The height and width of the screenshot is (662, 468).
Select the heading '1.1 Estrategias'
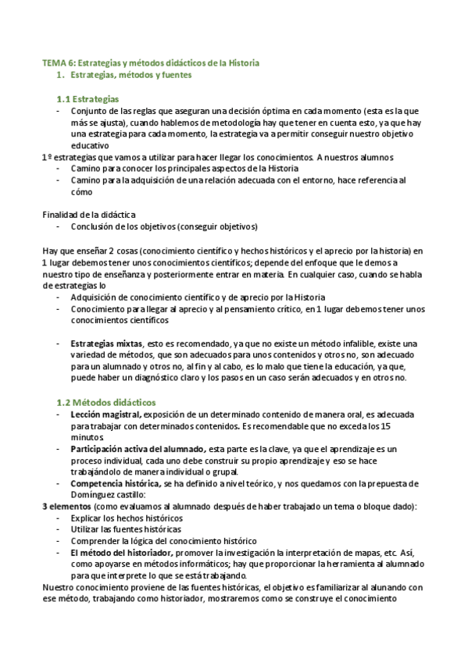point(88,99)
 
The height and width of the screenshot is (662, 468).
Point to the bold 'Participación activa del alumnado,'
point(138,450)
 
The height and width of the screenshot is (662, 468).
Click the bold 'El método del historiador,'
point(120,553)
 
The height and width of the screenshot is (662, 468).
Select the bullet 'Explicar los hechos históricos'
point(127,518)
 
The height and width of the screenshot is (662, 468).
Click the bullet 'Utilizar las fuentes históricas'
point(127,529)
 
